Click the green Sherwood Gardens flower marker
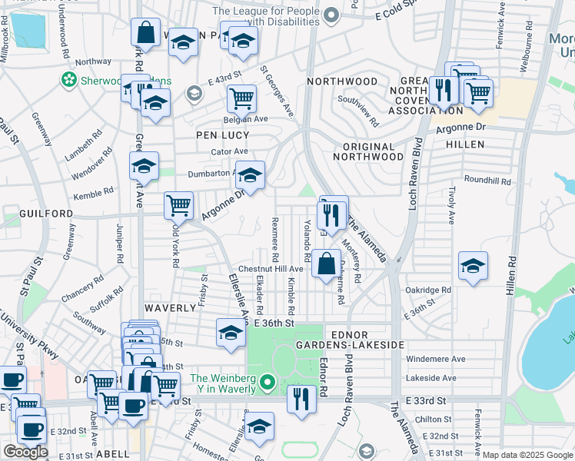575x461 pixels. [69, 80]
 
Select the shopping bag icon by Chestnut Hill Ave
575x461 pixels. [326, 262]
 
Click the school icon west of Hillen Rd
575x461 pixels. [472, 265]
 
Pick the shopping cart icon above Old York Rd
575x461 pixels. [178, 204]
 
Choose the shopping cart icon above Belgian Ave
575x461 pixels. [241, 98]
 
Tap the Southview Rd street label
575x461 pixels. [359, 111]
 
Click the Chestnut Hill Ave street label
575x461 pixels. [270, 269]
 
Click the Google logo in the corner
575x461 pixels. [25, 452]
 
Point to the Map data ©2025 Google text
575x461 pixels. [527, 455]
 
